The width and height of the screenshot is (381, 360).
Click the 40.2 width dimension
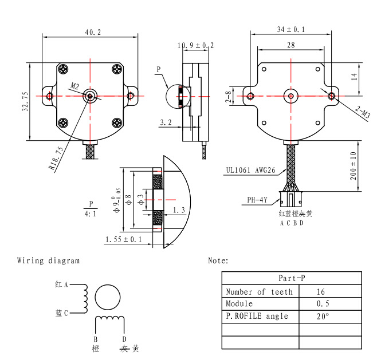click(x=93, y=32)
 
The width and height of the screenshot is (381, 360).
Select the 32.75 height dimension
click(x=25, y=101)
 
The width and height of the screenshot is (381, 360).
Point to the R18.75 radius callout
click(x=56, y=158)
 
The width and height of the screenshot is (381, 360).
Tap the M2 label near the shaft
click(x=75, y=86)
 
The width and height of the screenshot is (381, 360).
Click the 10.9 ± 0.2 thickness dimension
click(x=195, y=45)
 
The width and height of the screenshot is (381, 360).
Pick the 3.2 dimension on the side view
click(x=166, y=122)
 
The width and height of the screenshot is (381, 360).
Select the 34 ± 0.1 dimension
click(x=291, y=29)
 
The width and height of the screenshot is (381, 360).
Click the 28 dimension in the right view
click(x=291, y=45)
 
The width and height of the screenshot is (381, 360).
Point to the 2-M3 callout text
click(x=363, y=112)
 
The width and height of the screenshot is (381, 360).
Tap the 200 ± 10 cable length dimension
click(x=353, y=166)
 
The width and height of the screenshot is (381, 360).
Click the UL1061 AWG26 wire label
click(x=250, y=170)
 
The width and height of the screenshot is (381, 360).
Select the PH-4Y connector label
click(x=257, y=200)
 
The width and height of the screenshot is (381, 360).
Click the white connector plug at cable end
click(x=290, y=199)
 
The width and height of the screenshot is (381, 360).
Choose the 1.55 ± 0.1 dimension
click(x=123, y=240)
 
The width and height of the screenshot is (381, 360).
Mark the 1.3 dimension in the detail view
click(x=179, y=210)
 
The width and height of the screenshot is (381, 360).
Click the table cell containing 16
click(x=330, y=291)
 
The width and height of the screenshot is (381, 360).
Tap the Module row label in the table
click(x=239, y=304)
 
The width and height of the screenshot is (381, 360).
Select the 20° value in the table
click(x=323, y=317)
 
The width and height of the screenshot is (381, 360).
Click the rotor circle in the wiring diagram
click(x=108, y=285)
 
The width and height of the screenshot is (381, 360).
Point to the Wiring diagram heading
click(x=48, y=261)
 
